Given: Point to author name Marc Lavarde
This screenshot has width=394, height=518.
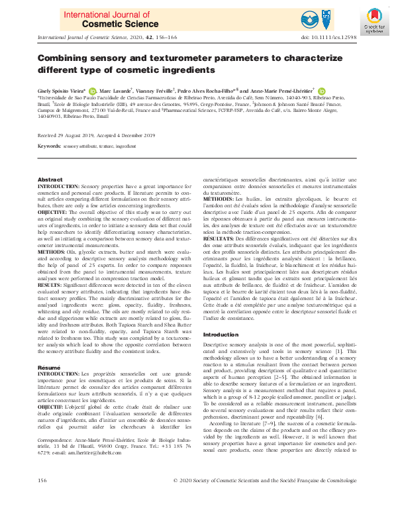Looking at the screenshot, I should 116,90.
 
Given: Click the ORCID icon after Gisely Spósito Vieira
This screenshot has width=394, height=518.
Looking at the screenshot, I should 92,91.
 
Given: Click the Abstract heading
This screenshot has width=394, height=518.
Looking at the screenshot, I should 50,180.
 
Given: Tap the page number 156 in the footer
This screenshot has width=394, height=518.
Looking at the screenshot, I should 42,497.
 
